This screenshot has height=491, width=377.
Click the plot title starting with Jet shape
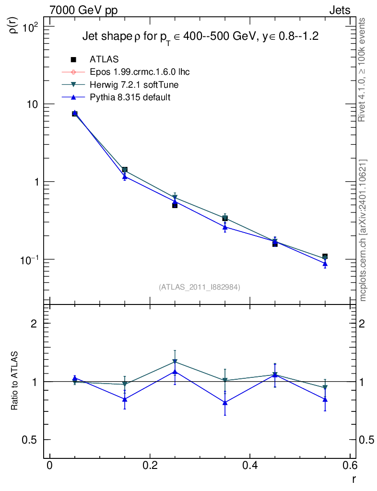click(201, 36)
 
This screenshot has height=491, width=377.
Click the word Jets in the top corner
click(339, 10)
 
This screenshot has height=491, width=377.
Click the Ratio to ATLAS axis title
click(15, 381)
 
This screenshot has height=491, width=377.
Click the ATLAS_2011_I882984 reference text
click(200, 287)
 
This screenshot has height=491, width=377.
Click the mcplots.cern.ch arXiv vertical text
click(363, 230)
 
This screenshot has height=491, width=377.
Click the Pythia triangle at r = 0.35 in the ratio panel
click(225, 403)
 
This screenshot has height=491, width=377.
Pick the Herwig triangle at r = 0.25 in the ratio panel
click(175, 362)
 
